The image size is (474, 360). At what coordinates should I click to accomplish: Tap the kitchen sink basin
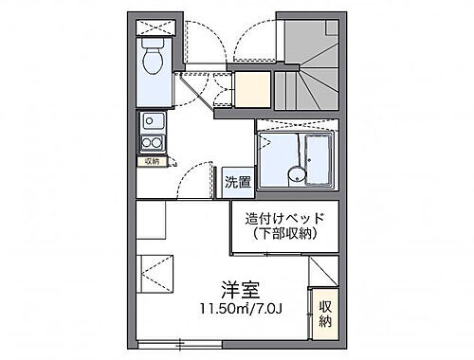click(x=152, y=122)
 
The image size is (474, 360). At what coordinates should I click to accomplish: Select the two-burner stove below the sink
click(x=152, y=143)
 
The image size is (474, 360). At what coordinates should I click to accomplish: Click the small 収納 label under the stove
click(x=153, y=161)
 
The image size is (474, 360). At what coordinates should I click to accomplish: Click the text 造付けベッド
click(x=284, y=218)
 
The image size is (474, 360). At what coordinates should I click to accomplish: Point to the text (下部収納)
click(x=284, y=235)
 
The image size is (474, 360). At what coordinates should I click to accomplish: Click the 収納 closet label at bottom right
click(x=325, y=314)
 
